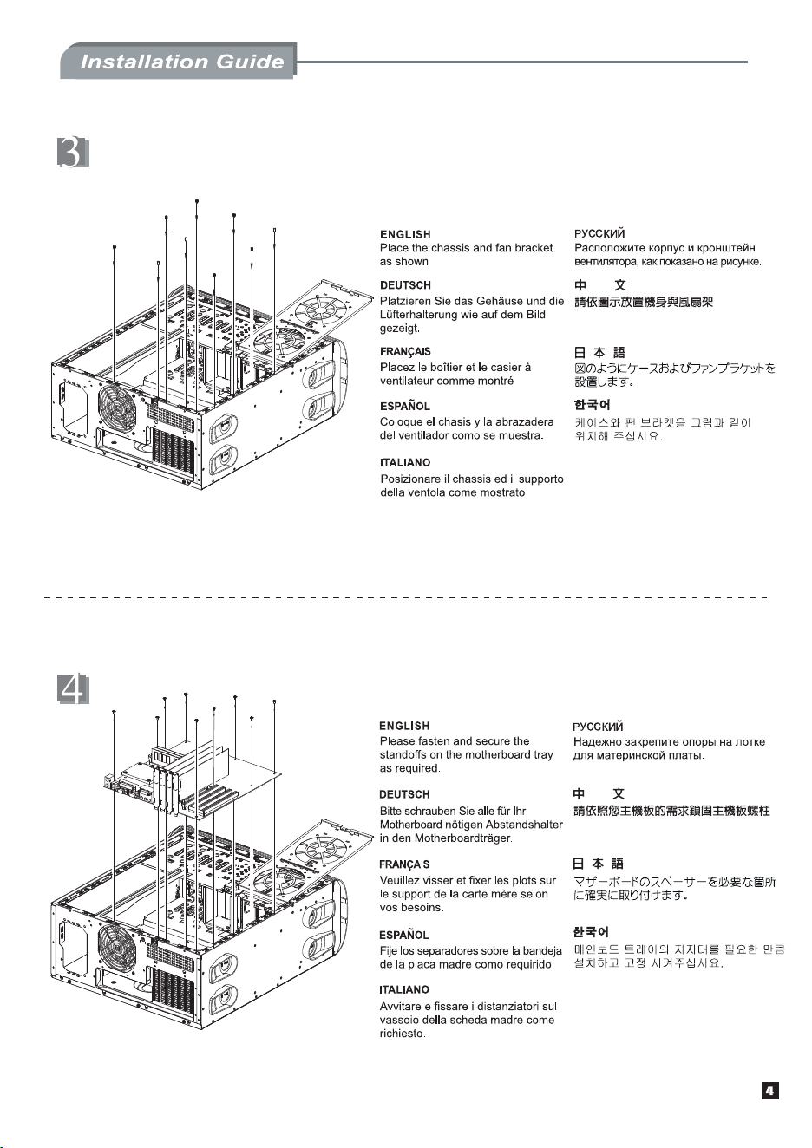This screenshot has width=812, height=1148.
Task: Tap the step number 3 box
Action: pos(73,153)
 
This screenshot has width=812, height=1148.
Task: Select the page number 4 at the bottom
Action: pos(770,1091)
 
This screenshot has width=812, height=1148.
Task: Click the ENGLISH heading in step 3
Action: pos(405,235)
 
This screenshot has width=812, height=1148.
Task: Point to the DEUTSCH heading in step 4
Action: pos(404,794)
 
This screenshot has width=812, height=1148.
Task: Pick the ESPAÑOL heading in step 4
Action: pos(404,935)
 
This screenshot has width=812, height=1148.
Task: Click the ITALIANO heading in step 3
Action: pos(405,463)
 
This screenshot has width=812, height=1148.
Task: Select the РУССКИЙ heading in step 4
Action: pos(598,727)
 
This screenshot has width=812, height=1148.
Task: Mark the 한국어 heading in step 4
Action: pos(591,932)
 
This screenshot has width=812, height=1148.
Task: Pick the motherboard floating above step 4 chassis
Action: pos(193,779)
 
